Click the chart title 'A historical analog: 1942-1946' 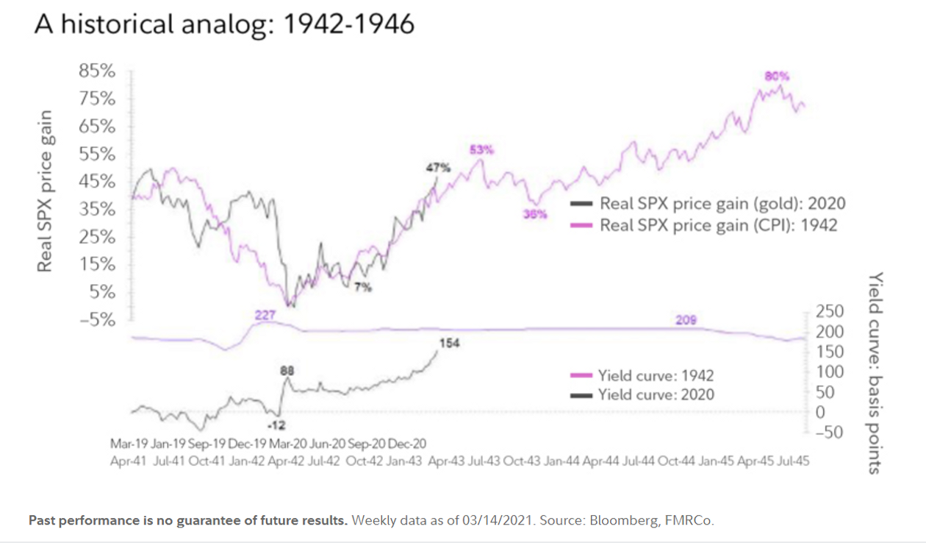pos(224,24)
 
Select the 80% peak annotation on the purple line pos(777,76)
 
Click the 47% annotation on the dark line pos(437,168)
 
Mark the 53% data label pos(481,149)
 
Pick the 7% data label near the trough pos(362,287)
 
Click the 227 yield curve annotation pos(265,315)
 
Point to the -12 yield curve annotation pos(276,425)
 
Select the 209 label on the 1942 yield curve pos(686,320)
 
